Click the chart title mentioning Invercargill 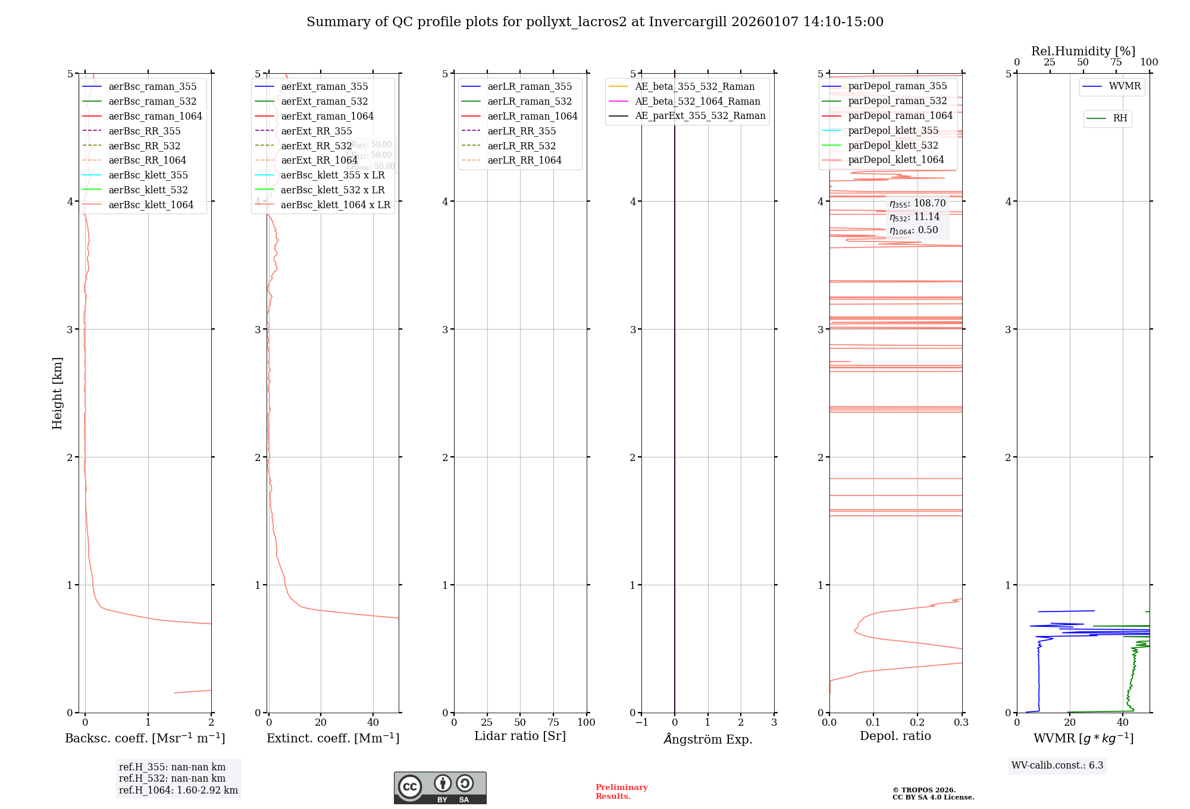(x=595, y=22)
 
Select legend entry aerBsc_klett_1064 (x=151, y=205)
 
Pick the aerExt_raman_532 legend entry (x=324, y=101)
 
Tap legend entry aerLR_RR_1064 (x=524, y=160)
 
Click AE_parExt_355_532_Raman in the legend (x=700, y=115)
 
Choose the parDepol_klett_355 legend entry (x=892, y=130)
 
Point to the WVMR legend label (x=1125, y=86)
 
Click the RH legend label (x=1120, y=118)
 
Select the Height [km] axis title (x=57, y=393)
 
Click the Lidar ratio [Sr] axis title (x=520, y=736)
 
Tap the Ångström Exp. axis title (x=708, y=739)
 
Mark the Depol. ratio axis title (x=895, y=736)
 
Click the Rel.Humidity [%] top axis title (x=1083, y=51)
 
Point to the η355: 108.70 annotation (x=917, y=203)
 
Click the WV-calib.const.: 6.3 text (x=1057, y=765)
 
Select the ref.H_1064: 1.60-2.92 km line (x=178, y=790)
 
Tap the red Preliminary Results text (x=621, y=791)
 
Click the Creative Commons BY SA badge (x=440, y=788)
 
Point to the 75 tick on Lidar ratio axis (x=553, y=722)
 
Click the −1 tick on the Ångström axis (x=641, y=722)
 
